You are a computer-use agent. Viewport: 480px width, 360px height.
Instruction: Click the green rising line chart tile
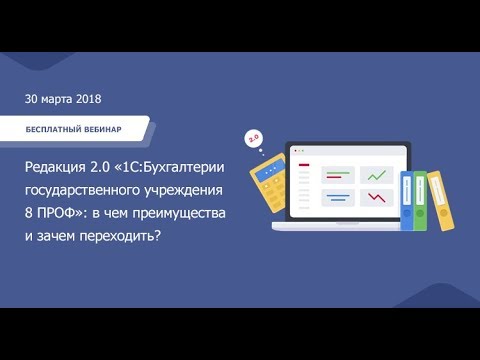[x=376, y=174]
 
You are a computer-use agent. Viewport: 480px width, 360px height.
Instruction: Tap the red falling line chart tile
[x=376, y=197]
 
